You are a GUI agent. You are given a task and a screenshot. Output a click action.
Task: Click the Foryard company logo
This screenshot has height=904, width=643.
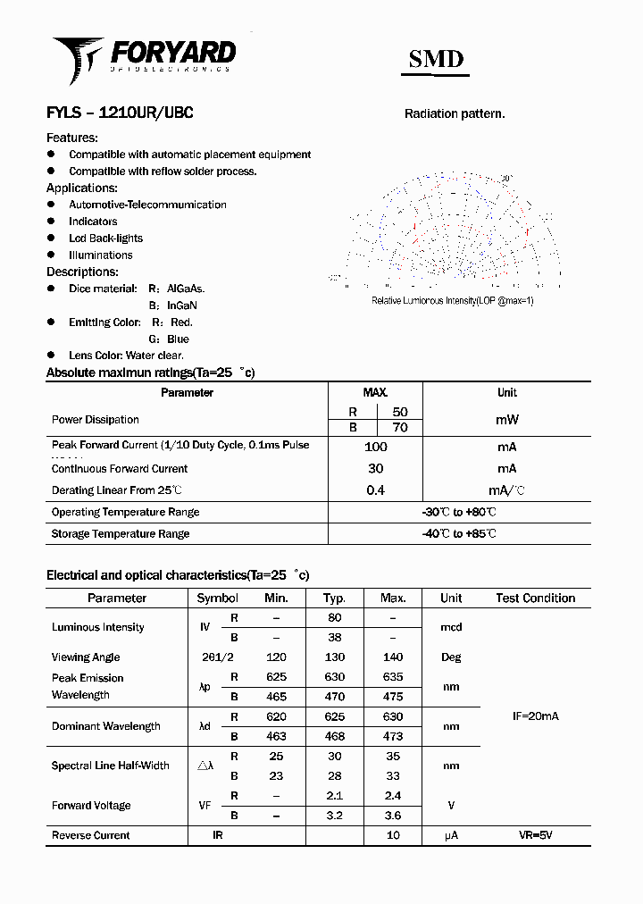[143, 55]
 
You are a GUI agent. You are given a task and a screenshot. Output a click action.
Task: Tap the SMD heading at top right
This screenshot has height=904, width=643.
[436, 59]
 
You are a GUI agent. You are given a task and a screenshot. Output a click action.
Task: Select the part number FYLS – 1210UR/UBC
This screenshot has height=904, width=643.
[120, 113]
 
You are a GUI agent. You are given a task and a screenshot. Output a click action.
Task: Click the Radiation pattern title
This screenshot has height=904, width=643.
[455, 113]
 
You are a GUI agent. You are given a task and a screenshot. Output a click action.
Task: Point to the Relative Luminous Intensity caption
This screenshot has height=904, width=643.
[452, 301]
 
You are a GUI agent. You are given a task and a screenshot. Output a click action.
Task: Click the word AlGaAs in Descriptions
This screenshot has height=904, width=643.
[186, 289]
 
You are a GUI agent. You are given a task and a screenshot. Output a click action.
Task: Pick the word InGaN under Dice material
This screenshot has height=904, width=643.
[183, 306]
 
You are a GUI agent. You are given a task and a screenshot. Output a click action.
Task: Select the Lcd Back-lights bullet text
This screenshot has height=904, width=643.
[105, 239]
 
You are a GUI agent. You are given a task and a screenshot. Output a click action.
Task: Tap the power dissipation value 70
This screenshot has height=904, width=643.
[400, 428]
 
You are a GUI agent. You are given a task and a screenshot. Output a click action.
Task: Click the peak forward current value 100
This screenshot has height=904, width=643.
[375, 447]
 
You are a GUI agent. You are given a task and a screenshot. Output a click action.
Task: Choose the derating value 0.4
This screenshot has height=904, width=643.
[375, 490]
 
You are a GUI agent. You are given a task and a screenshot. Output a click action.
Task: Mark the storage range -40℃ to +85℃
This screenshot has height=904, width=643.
[459, 533]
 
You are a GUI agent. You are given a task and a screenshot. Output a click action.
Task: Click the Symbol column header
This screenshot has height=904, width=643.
[217, 598]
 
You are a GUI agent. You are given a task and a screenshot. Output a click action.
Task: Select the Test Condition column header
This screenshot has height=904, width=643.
[536, 598]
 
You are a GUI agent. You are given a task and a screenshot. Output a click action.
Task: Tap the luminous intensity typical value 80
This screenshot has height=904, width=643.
[335, 617]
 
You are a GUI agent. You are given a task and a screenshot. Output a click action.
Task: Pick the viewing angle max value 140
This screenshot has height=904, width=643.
[393, 657]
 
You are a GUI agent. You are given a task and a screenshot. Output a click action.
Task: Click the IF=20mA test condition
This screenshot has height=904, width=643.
[535, 716]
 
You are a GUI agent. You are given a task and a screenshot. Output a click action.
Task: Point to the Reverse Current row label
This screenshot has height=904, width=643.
[90, 835]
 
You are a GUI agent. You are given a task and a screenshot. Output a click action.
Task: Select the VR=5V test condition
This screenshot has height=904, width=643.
[536, 835]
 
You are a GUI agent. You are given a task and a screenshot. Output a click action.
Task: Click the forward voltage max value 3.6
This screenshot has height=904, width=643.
[393, 816]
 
